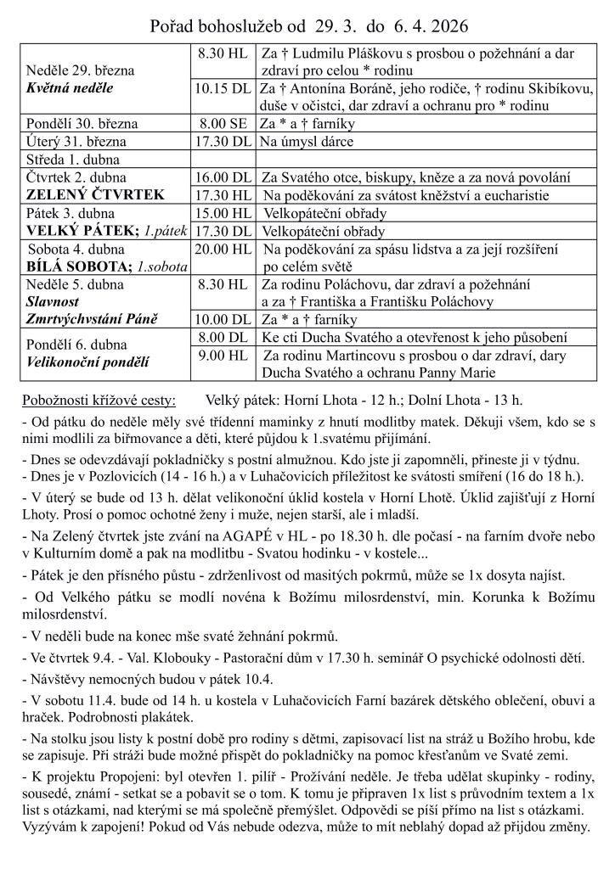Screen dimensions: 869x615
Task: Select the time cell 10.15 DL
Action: coord(223,88)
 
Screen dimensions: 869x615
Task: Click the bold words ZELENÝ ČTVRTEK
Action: coord(96,195)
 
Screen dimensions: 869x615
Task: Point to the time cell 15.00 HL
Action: coord(223,213)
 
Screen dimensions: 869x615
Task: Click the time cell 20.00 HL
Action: coord(223,249)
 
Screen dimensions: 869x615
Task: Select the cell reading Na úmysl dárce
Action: coord(307,142)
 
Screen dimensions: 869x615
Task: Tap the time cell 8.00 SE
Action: coord(223,124)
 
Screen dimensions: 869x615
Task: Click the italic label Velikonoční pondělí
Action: coord(87,362)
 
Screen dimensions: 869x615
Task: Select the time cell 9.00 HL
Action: coord(223,356)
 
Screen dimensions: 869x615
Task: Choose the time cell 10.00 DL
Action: coord(223,320)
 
